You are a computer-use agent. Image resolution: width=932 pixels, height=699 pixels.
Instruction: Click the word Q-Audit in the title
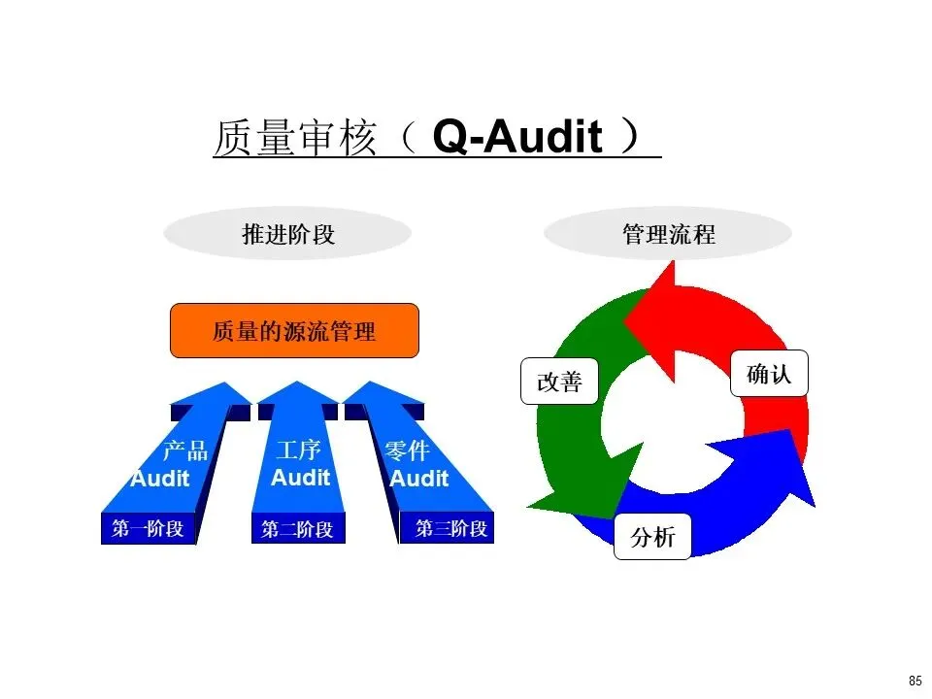517,138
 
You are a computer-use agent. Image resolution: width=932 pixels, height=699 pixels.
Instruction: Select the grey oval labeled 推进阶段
287,235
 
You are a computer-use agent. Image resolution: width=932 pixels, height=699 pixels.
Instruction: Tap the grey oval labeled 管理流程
668,235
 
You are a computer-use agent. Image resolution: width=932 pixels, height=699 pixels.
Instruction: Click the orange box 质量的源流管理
294,331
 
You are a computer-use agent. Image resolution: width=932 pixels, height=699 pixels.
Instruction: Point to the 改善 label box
559,382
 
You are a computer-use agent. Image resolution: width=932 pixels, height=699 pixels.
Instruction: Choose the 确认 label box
769,374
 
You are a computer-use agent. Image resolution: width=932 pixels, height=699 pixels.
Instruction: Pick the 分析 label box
652,537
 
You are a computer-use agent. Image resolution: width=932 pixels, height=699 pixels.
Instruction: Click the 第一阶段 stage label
148,529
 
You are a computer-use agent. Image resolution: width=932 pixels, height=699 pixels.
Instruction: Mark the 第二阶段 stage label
297,530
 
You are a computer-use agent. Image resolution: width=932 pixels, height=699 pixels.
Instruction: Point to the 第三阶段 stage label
450,529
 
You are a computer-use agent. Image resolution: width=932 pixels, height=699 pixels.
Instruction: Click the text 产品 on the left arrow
184,451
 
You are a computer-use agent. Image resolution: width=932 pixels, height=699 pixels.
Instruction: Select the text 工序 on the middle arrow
298,451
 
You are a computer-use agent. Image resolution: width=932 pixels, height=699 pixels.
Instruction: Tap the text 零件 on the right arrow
408,451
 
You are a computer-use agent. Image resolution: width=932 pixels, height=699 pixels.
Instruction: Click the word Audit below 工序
300,478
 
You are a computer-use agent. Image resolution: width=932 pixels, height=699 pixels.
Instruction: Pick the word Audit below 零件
419,479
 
